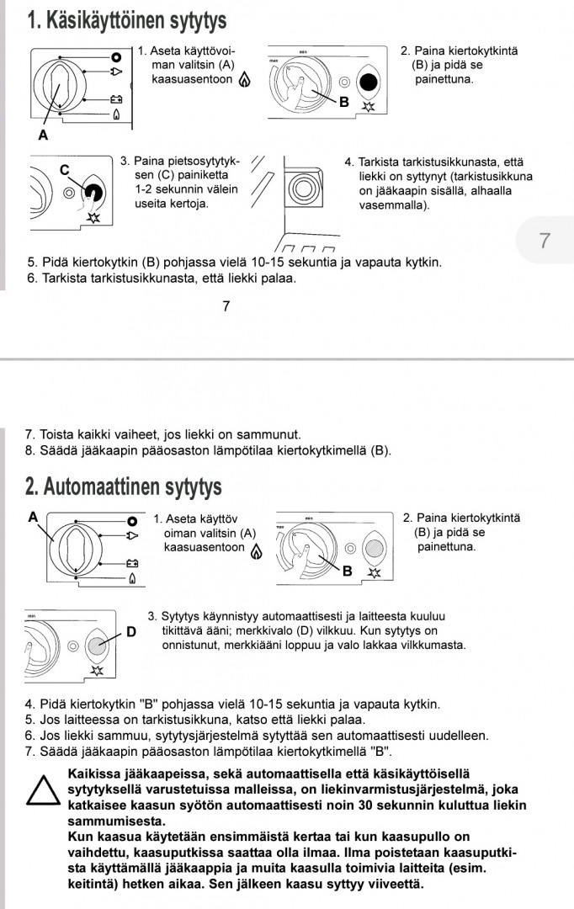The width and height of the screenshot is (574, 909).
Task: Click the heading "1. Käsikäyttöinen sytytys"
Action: tap(126, 19)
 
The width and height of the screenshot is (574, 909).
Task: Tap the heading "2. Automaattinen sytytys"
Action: tap(124, 486)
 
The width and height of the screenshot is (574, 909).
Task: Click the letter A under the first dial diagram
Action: tap(42, 135)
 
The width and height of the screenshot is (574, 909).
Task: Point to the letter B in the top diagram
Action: tap(343, 103)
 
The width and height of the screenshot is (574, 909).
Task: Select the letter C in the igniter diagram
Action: tap(64, 169)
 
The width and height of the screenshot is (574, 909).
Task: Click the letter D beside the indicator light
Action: tap(130, 630)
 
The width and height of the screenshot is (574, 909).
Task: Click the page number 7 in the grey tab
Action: tap(544, 241)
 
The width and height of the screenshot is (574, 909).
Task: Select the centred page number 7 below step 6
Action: tap(226, 306)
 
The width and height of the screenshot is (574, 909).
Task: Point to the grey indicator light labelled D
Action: tap(99, 646)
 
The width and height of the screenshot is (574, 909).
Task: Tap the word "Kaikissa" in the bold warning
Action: tap(94, 773)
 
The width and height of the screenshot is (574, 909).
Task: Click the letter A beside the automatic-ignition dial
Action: tap(33, 517)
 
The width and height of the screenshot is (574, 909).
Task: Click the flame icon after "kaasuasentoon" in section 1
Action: tap(245, 81)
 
